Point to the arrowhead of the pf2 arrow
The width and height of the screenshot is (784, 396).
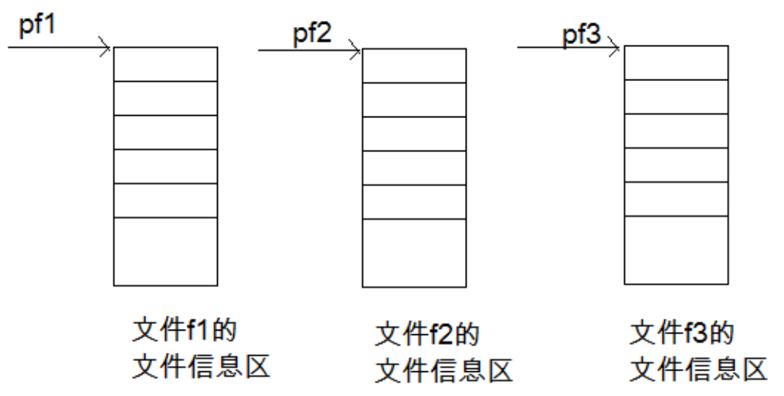[x=356, y=51]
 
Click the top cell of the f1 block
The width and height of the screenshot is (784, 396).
[x=165, y=63]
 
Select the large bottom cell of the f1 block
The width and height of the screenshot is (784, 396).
[x=165, y=251]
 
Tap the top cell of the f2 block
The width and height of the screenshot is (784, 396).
[x=414, y=66]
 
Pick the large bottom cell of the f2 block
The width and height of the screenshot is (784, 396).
[x=414, y=252]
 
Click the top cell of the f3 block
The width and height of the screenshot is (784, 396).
[x=675, y=62]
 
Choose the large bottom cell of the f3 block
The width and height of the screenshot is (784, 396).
[x=675, y=250]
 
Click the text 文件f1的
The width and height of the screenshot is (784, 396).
[x=183, y=330]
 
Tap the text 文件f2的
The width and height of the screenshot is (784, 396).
[x=426, y=336]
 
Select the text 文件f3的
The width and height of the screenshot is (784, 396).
[x=680, y=334]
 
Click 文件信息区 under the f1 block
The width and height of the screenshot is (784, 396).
[x=201, y=365]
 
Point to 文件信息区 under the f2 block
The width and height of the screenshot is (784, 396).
[x=443, y=371]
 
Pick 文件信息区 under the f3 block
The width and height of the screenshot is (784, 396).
[x=698, y=369]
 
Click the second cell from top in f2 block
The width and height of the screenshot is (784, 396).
[x=414, y=99]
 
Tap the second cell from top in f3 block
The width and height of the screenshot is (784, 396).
[x=675, y=96]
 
